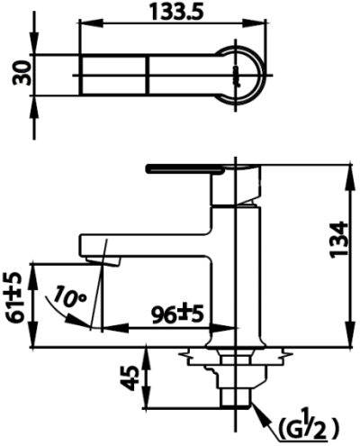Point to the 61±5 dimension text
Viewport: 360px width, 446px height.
14,300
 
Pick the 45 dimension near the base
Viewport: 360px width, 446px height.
131,378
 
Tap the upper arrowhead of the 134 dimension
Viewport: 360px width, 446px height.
346,170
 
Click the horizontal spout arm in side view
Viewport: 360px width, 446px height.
148,245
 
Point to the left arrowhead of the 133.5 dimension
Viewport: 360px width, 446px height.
85,28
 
